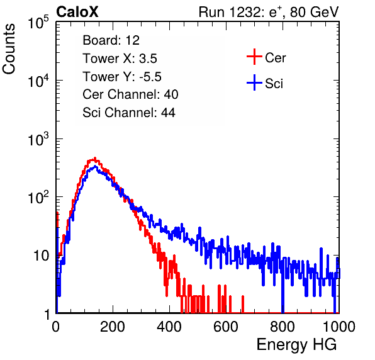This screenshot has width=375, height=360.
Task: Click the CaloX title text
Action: (77, 12)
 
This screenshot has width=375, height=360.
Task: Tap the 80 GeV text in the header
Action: (315, 12)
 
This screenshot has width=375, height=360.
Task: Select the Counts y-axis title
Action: (9, 49)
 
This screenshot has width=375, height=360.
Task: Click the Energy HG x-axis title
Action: (296, 345)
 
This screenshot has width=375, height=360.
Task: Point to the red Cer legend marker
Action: (254, 57)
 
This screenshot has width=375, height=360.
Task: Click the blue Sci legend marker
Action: (254, 82)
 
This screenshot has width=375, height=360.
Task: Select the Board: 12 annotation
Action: (111, 40)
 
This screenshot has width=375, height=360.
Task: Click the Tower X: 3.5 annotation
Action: (120, 59)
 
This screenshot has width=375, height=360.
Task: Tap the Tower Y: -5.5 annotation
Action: (122, 77)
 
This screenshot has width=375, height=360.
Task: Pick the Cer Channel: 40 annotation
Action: (130, 94)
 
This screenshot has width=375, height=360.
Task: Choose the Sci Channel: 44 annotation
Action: (129, 113)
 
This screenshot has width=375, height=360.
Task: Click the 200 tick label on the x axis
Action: (113, 327)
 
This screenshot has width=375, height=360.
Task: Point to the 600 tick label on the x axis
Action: (226, 327)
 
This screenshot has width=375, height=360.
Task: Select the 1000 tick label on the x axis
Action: (339, 327)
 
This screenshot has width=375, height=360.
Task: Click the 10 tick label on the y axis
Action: (41, 256)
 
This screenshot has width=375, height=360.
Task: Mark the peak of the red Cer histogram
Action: (95, 158)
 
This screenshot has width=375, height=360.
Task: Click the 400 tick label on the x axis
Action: (169, 327)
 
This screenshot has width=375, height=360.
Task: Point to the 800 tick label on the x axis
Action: (283, 327)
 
